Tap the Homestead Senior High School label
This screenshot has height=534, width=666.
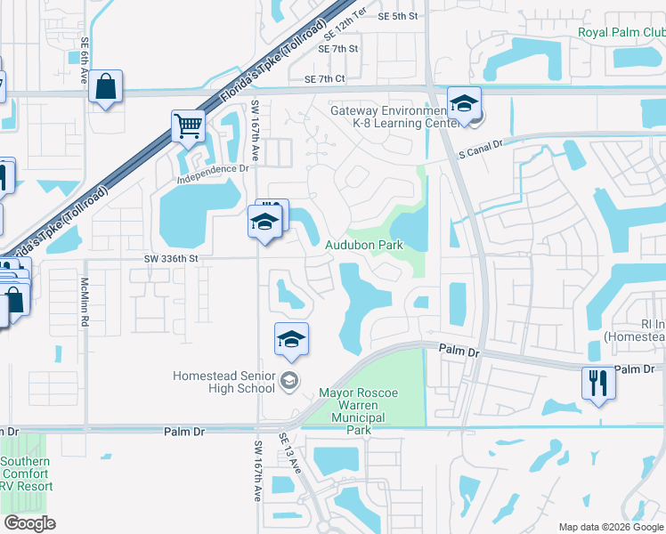tap(223, 382)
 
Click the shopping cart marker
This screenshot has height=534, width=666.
tap(189, 126)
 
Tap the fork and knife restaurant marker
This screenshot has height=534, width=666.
tap(598, 383)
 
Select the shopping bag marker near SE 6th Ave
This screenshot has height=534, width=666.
tap(105, 87)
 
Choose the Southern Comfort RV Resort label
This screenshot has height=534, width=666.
tap(26, 473)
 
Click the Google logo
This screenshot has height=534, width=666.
tap(29, 523)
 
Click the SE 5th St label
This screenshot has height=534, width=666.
tap(397, 16)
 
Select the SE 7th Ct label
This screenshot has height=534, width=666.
tap(324, 79)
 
